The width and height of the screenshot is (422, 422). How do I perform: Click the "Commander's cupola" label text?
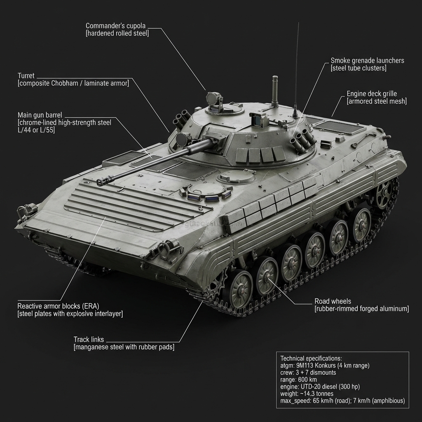pyautogui.click(x=115, y=26)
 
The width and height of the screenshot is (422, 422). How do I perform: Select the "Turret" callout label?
pyautogui.click(x=26, y=76)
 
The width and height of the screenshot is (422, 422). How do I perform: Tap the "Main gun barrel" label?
pyautogui.click(x=40, y=115)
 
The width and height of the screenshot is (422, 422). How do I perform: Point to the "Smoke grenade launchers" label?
pyautogui.click(x=367, y=61)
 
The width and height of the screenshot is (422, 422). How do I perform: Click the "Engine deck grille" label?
pyautogui.click(x=372, y=94)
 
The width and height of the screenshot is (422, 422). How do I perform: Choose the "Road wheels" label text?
pyautogui.click(x=333, y=301)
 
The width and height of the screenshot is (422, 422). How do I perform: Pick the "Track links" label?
pyautogui.click(x=89, y=340)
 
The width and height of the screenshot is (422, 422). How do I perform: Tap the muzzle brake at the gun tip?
pyautogui.click(x=101, y=182)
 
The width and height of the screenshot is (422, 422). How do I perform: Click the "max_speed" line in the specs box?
pyautogui.click(x=342, y=401)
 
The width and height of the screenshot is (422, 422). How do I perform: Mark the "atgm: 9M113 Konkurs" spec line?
pyautogui.click(x=324, y=366)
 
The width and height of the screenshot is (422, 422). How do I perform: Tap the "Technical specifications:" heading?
pyautogui.click(x=311, y=359)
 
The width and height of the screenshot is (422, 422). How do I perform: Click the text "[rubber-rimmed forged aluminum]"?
pyautogui.click(x=361, y=309)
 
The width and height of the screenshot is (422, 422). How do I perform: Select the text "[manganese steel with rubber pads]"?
pyautogui.click(x=124, y=347)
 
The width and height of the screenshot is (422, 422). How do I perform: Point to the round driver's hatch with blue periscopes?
pyautogui.click(x=205, y=192)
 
